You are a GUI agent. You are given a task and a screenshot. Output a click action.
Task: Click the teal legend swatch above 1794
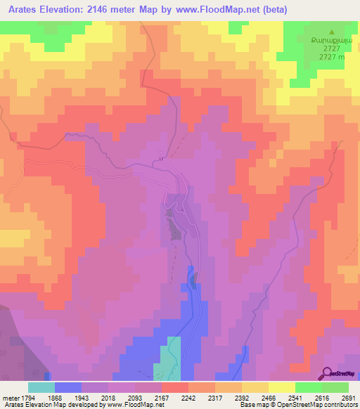click(x=41, y=387)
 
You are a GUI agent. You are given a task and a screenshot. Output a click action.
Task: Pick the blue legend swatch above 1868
click(x=67, y=387)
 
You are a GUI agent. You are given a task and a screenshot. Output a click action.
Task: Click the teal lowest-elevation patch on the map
click(x=169, y=358)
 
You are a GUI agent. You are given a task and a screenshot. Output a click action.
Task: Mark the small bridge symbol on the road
click(x=162, y=158)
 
